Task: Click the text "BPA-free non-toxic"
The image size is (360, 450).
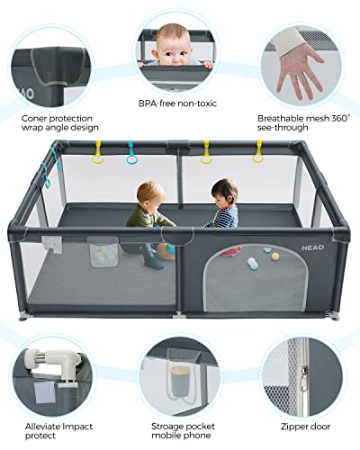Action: pyautogui.click(x=177, y=103)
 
